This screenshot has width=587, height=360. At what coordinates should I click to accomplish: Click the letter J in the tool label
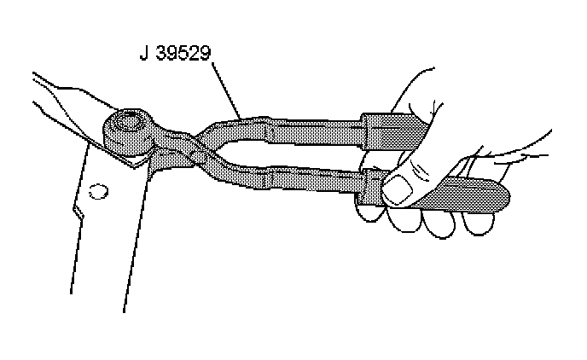(x=144, y=55)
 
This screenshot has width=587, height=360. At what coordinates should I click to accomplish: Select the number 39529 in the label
(x=183, y=55)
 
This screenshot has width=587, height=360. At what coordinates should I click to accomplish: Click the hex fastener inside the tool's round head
(x=131, y=122)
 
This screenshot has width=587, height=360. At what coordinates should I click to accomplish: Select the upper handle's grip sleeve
(x=392, y=130)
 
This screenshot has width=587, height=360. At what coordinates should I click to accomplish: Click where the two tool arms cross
(x=189, y=142)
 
